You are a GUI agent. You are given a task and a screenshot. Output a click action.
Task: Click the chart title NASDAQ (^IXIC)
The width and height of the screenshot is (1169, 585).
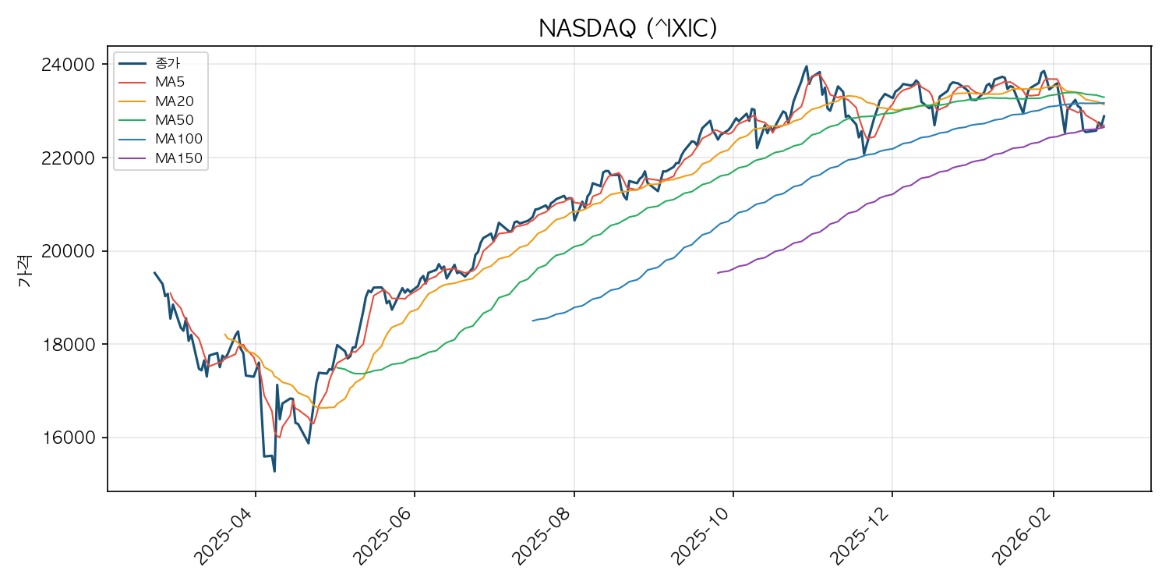(627, 29)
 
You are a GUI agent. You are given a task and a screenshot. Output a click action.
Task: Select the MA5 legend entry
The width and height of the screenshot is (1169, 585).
(169, 81)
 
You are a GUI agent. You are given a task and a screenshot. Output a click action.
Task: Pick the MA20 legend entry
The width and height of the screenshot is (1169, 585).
(174, 101)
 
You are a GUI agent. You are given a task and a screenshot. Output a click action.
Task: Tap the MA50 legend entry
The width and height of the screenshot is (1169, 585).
(174, 120)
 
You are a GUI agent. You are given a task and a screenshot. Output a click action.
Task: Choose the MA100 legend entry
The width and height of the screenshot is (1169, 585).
(178, 139)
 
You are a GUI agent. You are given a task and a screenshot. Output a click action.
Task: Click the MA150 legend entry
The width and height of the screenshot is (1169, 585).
(178, 158)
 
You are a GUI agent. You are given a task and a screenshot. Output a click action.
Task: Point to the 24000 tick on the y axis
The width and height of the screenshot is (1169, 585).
(73, 65)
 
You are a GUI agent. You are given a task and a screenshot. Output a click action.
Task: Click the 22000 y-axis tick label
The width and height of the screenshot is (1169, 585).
(73, 158)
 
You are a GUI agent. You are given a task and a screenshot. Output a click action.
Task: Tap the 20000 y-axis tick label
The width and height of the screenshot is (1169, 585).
(73, 251)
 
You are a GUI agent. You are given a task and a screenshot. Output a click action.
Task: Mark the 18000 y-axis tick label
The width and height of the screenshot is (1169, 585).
(73, 345)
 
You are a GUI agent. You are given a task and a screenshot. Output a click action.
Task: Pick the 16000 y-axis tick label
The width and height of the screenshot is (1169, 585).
(73, 438)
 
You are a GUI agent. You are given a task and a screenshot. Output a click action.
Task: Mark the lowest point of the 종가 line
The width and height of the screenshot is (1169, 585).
(274, 471)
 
